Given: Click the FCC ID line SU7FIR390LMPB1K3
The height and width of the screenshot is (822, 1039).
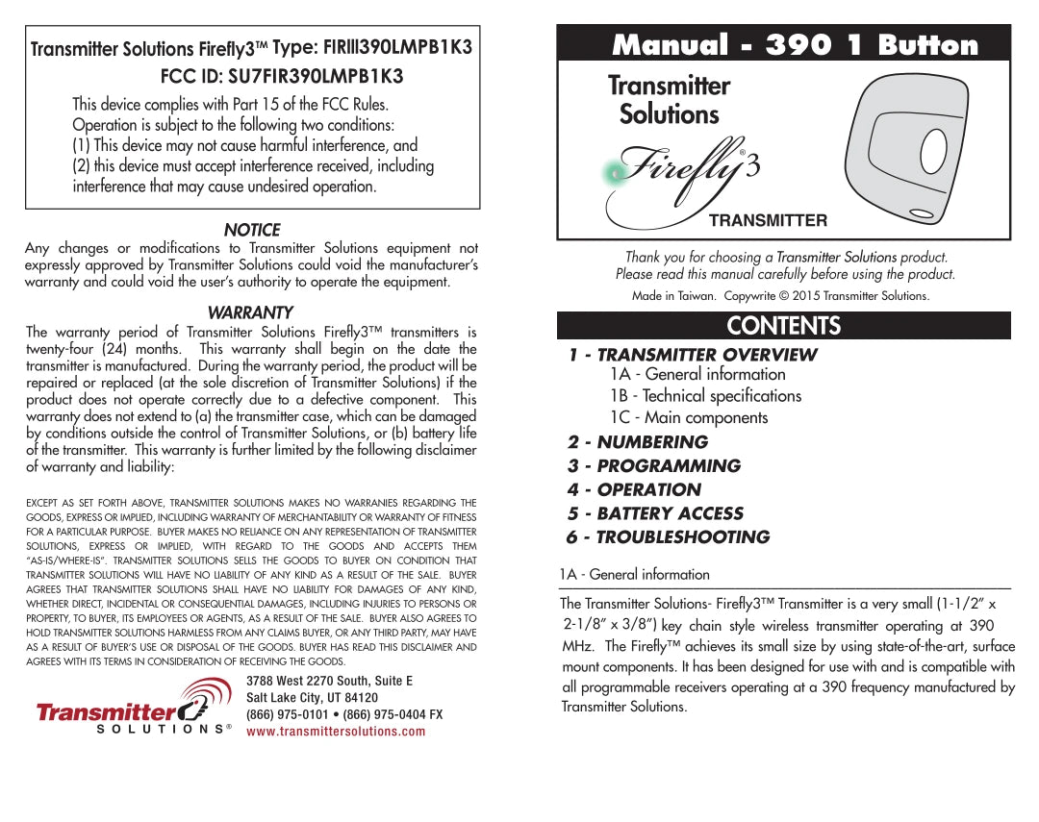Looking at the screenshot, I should (281, 76).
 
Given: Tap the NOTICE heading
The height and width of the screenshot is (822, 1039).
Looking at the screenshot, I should (252, 230).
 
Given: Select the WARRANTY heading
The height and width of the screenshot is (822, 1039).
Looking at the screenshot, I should (250, 312).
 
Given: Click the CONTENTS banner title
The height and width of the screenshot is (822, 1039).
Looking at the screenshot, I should (783, 326).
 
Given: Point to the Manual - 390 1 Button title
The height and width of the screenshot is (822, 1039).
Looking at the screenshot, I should (795, 45).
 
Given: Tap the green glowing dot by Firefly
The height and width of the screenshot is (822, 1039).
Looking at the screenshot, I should (612, 173).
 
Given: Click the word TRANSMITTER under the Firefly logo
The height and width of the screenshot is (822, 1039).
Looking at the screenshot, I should (768, 220).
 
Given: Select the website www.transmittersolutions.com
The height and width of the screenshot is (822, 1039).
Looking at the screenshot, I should (336, 732).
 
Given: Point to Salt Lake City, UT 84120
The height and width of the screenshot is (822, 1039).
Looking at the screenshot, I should (312, 697).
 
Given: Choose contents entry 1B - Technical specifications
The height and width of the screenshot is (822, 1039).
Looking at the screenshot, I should (704, 395).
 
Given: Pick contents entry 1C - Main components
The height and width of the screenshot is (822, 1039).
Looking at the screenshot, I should (688, 417).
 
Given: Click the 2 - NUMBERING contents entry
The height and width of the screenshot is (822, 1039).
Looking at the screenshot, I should (637, 442).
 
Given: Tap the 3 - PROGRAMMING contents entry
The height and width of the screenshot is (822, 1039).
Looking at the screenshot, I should (653, 465).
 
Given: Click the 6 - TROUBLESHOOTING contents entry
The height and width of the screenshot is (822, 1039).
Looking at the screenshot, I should (668, 536).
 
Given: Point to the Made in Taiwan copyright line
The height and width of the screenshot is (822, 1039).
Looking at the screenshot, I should (780, 295).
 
